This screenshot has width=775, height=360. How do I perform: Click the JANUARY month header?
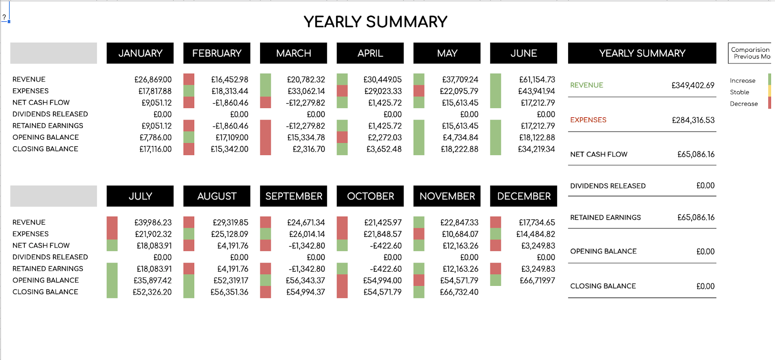coord(140,53)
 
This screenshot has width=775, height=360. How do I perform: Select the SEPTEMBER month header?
coord(294,196)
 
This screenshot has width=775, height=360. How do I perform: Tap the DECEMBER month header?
coord(524,196)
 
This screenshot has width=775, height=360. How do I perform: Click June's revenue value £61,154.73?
coord(537,79)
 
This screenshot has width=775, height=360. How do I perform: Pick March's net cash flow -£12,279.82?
coord(306,103)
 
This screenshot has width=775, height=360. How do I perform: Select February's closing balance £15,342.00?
coord(230,149)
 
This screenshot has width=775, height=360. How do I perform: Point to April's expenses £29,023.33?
coord(383,91)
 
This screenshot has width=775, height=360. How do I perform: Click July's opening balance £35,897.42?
coord(153,281)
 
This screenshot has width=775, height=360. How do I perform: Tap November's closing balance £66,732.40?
coord(459,292)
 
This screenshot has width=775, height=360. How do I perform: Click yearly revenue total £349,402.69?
coord(693,85)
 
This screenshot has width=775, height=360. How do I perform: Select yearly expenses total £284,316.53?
coord(693,120)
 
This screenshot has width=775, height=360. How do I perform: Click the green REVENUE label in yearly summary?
coord(587,85)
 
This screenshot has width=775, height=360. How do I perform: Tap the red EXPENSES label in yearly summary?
coord(588,120)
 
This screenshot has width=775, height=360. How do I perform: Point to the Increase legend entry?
coord(743,80)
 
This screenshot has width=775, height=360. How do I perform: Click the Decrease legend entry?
coord(744,104)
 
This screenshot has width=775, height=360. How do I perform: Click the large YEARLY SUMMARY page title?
coord(375,22)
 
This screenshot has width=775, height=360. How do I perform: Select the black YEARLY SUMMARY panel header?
coord(642,53)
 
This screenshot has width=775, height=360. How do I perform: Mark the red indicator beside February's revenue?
coord(188,79)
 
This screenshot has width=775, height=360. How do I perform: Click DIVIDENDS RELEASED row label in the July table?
coord(50,257)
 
